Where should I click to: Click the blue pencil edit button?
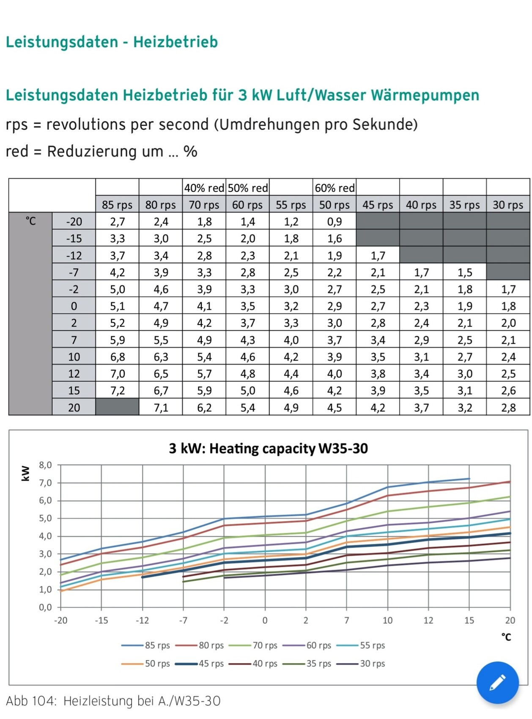point(497,682)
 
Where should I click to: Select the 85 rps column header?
point(117,205)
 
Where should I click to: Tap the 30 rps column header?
point(508,205)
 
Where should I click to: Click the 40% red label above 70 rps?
point(204,188)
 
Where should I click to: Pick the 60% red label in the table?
point(335,188)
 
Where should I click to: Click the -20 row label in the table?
point(74,222)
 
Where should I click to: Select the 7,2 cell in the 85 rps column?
point(117,390)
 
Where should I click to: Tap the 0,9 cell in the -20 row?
point(335,222)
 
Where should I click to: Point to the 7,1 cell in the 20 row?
point(161,408)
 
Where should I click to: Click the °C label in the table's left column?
point(30,221)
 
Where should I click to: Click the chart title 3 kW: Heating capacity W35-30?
point(268,448)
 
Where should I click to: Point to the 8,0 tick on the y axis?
point(45,465)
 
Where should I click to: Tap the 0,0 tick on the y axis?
point(45,608)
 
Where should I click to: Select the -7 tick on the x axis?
point(183,620)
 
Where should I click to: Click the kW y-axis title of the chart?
point(25,474)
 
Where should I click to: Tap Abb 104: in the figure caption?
point(31,701)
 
